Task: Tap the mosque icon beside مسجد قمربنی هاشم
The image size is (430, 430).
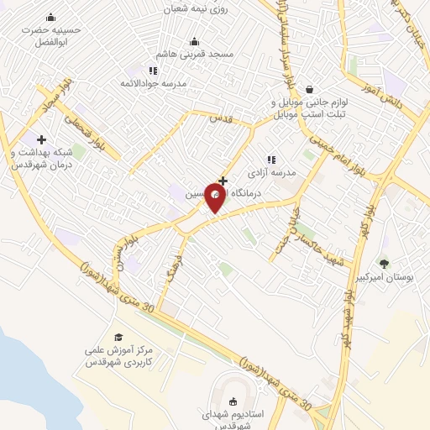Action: pos(195,41)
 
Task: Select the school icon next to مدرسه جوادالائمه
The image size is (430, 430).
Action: pos(152,71)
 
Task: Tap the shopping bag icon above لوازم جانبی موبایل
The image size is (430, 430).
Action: pos(309,89)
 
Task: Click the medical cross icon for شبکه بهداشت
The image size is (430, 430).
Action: pos(40,139)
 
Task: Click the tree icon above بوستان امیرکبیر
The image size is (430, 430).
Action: pos(385,264)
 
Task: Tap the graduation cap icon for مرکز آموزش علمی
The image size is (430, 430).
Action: pos(118,337)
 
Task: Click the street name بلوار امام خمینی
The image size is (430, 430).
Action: pos(335,151)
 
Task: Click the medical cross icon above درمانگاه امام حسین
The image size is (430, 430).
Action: pos(223,180)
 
